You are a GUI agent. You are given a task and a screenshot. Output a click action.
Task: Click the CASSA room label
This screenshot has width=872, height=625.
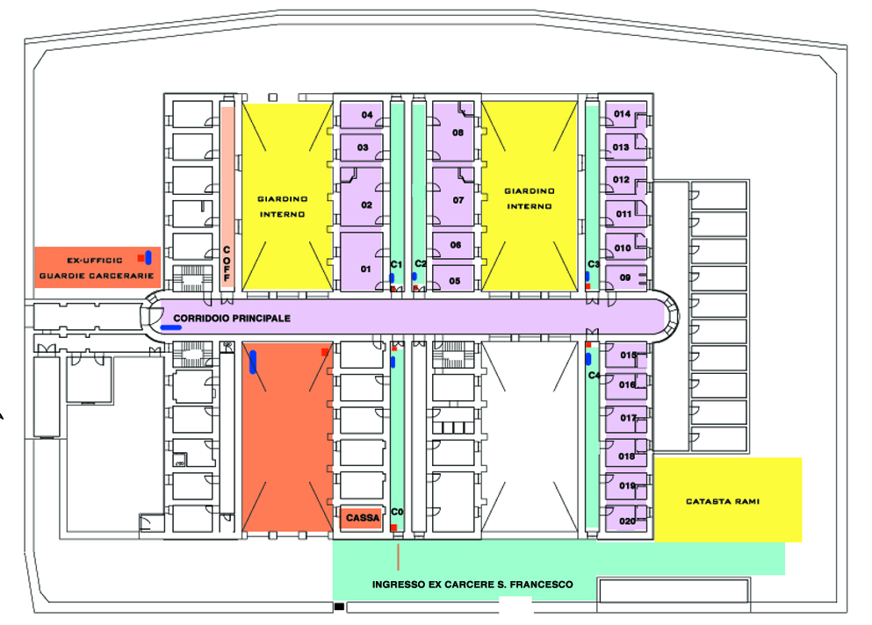coord(363,518)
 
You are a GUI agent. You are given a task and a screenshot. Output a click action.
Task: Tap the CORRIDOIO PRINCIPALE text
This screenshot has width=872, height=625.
coord(232,318)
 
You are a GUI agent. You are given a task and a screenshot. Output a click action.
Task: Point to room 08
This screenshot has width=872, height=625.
coord(458,133)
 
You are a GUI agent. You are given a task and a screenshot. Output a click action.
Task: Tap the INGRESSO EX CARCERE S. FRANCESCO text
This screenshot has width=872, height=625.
coord(472,585)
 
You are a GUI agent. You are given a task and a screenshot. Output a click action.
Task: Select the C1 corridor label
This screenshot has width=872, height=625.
coord(396,263)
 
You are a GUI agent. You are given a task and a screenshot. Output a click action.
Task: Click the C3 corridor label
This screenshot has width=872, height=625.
coord(594,263)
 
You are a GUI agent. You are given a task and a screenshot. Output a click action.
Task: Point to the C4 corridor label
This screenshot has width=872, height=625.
coord(594,375)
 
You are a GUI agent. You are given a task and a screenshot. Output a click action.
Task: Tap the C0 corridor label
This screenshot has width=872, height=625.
coord(396,511)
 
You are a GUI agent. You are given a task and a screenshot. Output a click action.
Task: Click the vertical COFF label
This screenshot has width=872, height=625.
coord(226,263)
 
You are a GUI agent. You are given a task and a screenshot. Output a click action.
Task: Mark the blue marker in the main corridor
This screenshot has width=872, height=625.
coord(171,327)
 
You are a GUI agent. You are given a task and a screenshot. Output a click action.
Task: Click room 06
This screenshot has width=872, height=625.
coord(455,245)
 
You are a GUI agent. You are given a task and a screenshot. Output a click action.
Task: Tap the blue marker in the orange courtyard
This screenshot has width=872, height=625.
coord(253,361)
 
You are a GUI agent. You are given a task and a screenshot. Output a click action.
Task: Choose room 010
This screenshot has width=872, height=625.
coord(623,248)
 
